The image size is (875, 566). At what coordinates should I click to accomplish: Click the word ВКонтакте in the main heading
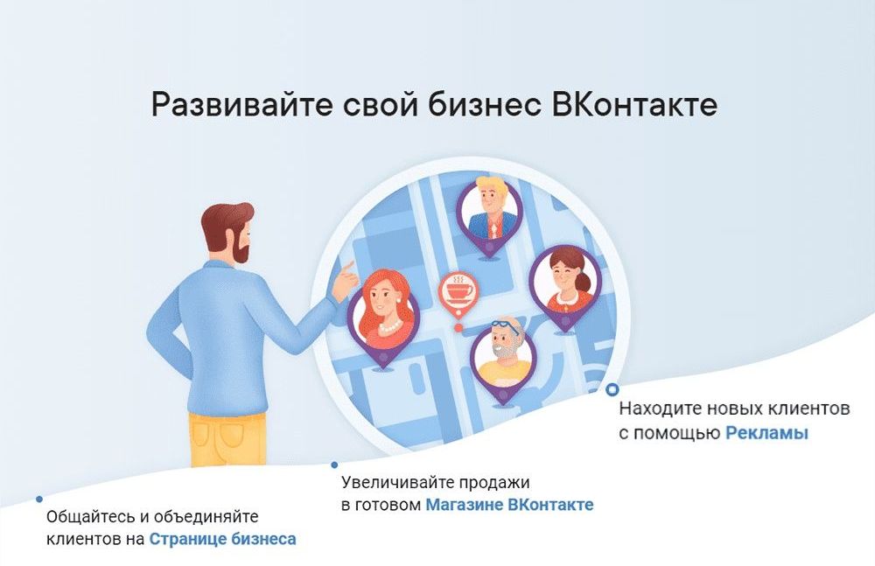tap(635, 105)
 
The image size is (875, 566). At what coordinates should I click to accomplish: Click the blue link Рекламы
tap(766, 434)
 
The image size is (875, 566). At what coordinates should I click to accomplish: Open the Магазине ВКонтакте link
tap(509, 505)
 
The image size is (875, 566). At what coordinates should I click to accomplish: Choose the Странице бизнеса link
tap(222, 539)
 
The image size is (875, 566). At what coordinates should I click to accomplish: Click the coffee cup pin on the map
tap(458, 290)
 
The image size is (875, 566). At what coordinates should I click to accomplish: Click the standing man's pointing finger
tap(348, 263)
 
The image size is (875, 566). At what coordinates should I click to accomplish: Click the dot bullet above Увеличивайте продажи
tap(333, 465)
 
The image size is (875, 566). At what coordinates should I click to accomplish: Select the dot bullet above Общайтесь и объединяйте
tap(39, 500)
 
